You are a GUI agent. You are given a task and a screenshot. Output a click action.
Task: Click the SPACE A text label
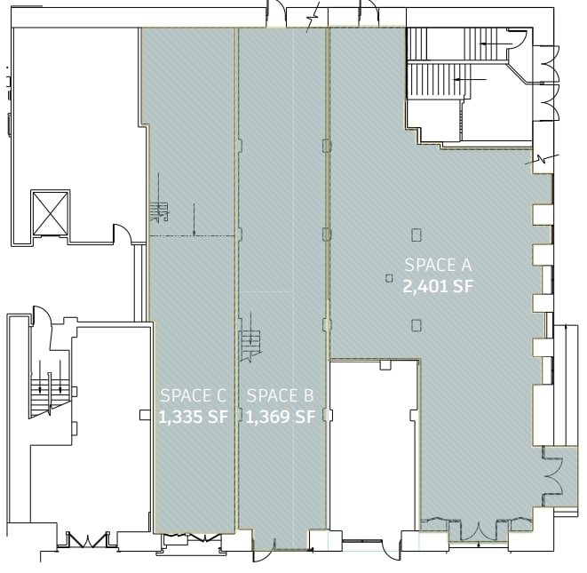pyautogui.click(x=437, y=265)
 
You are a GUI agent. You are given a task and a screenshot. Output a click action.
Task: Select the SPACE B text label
pyautogui.click(x=280, y=395)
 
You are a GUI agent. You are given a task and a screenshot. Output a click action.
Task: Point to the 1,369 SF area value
pyautogui.click(x=280, y=417)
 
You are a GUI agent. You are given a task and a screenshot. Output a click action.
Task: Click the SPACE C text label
pyautogui.click(x=194, y=395)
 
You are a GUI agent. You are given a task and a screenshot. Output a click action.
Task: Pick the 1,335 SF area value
pyautogui.click(x=194, y=417)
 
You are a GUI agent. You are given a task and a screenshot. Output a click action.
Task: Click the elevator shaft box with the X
pyautogui.click(x=51, y=212)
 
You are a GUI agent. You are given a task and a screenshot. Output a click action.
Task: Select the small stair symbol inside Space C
pyautogui.click(x=159, y=211)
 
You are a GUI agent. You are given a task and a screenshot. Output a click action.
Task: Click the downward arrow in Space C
pyautogui.click(x=194, y=219)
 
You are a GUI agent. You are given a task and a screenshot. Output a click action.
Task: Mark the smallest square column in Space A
pyautogui.click(x=389, y=278)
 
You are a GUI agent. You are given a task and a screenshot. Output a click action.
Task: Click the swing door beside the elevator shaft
pyautogui.click(x=122, y=234)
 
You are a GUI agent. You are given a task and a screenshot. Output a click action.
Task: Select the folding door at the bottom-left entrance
pyautogui.click(x=86, y=538)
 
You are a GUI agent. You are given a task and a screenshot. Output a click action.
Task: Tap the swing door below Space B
pyautogui.click(x=264, y=550)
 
